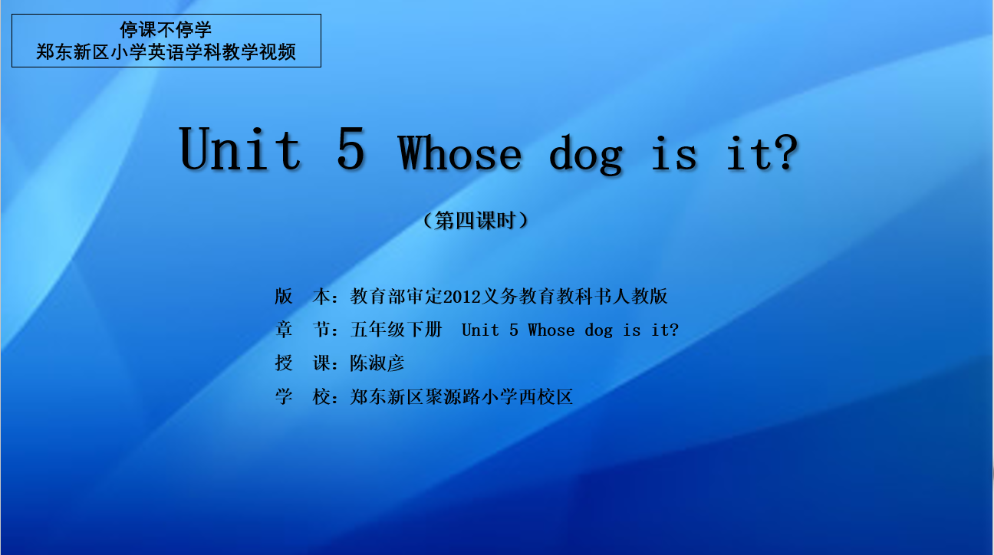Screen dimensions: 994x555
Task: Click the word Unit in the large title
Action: pyautogui.click(x=240, y=148)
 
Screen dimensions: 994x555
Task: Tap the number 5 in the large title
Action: pyautogui.click(x=351, y=148)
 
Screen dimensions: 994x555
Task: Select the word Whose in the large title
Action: pyautogui.click(x=459, y=153)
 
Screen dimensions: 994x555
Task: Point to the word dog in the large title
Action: pyautogui.click(x=586, y=155)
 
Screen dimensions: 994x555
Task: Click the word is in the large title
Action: pyautogui.click(x=673, y=153)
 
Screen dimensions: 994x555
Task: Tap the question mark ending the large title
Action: pyautogui.click(x=786, y=153)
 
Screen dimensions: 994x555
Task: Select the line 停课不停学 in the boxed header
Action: pyautogui.click(x=166, y=30)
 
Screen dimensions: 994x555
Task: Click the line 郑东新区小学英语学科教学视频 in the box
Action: pyautogui.click(x=166, y=52)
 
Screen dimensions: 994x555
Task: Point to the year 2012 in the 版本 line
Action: pyautogui.click(x=462, y=297)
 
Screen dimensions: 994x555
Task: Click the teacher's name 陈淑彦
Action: pyautogui.click(x=377, y=363)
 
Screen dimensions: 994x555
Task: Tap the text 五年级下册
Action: pyautogui.click(x=397, y=330)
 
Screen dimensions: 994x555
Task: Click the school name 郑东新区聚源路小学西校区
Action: pyautogui.click(x=462, y=396)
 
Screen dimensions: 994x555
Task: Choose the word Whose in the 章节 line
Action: pyautogui.click(x=551, y=330)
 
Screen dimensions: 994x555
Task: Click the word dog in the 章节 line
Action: pyautogui.click(x=598, y=331)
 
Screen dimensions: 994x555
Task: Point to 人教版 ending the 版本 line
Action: pyautogui.click(x=640, y=297)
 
